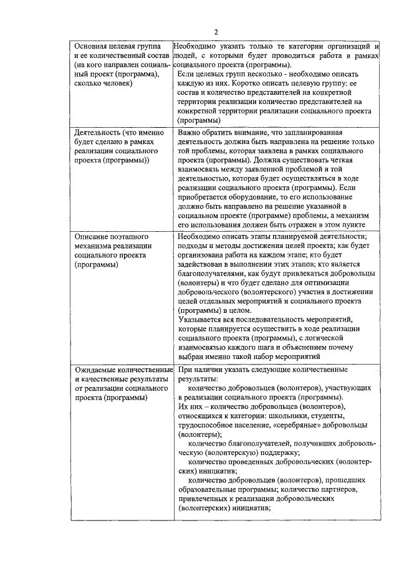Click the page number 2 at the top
tap(216, 32)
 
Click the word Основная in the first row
tap(92, 47)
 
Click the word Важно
tap(191, 133)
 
